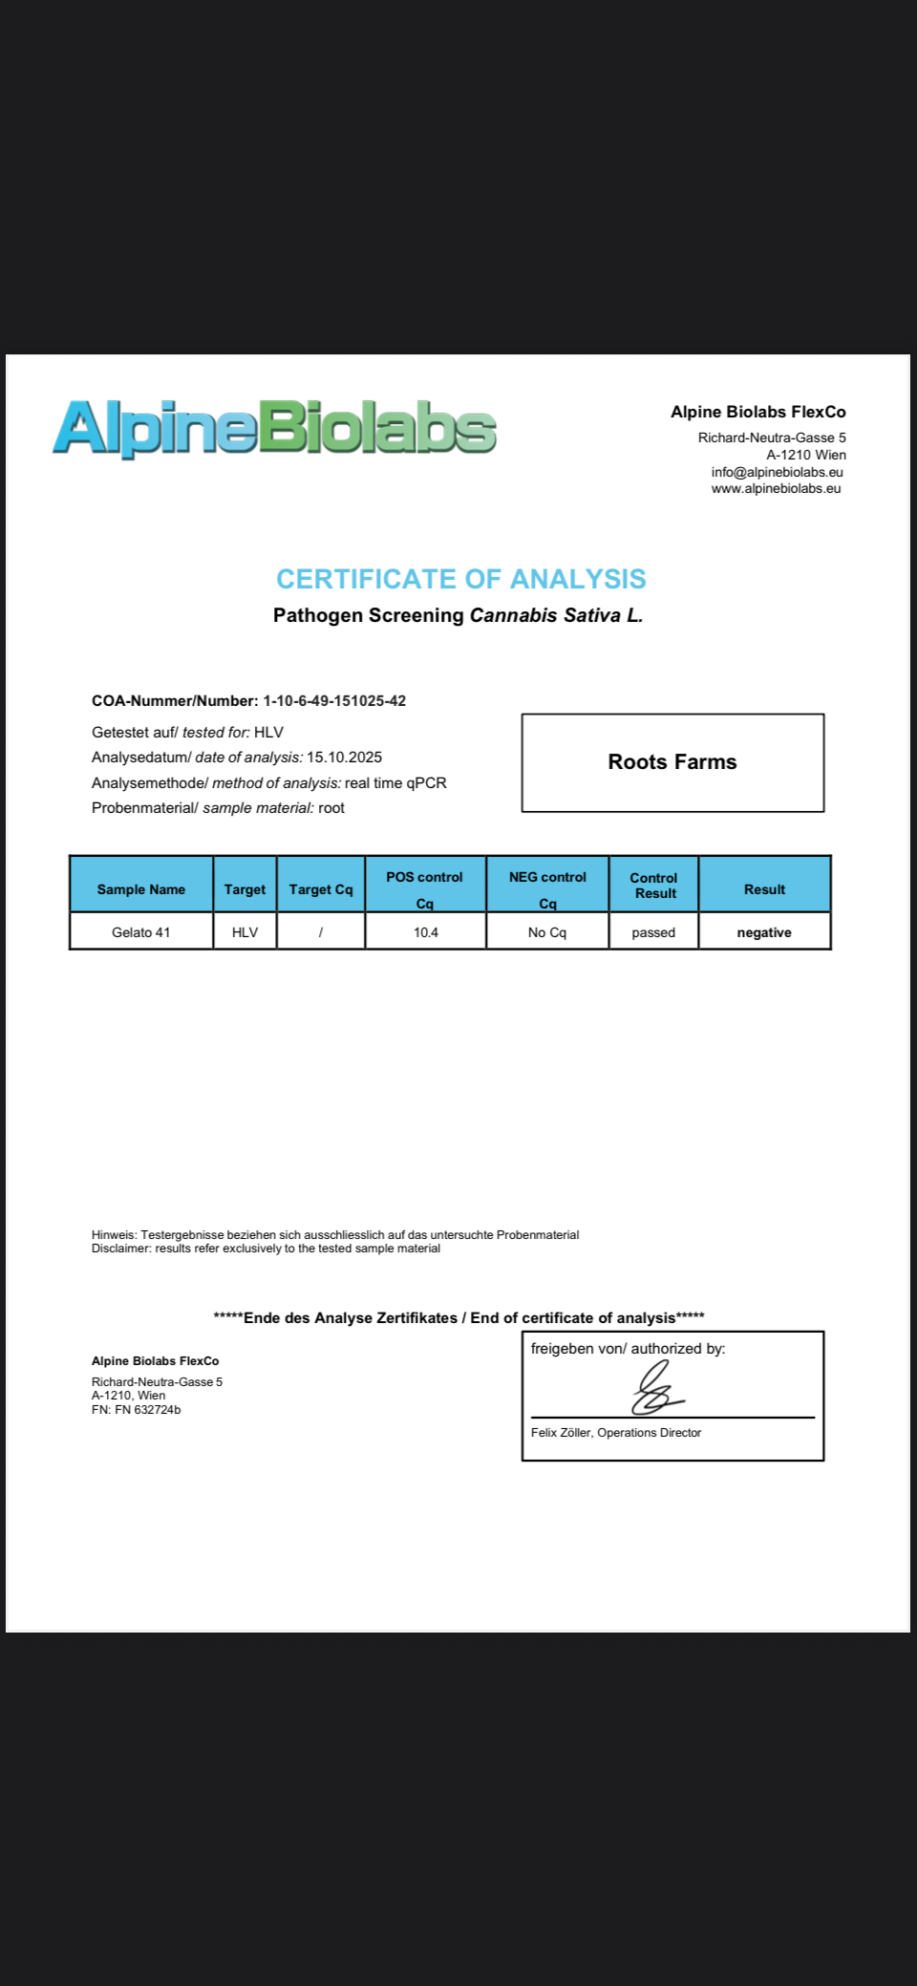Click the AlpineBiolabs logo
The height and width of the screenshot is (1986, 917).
(x=274, y=427)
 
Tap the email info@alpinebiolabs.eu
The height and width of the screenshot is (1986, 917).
(x=777, y=472)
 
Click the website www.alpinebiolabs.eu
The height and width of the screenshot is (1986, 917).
(x=776, y=488)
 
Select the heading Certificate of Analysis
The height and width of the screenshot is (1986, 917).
(x=460, y=579)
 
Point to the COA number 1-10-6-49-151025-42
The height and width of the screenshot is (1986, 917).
(x=334, y=700)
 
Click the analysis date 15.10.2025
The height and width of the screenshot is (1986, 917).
(x=344, y=757)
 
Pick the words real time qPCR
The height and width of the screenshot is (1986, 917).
(x=395, y=782)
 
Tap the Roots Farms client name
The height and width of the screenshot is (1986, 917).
(x=672, y=761)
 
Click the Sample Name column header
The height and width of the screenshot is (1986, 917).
(x=141, y=889)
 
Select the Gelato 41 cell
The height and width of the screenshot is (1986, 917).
(x=141, y=932)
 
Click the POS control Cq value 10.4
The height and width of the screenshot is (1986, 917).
(x=426, y=932)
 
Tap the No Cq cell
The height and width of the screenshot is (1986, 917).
(x=547, y=932)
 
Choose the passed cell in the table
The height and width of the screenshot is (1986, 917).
(x=653, y=932)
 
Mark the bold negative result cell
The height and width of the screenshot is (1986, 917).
(x=764, y=932)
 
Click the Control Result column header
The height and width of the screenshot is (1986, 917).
(x=654, y=886)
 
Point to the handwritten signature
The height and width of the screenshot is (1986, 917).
(x=656, y=1390)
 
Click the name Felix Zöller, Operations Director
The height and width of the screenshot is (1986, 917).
(x=616, y=1432)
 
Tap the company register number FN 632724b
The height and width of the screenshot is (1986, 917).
(x=147, y=1409)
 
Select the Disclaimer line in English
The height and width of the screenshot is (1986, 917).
(x=266, y=1249)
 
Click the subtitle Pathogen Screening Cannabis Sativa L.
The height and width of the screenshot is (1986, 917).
(x=458, y=615)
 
